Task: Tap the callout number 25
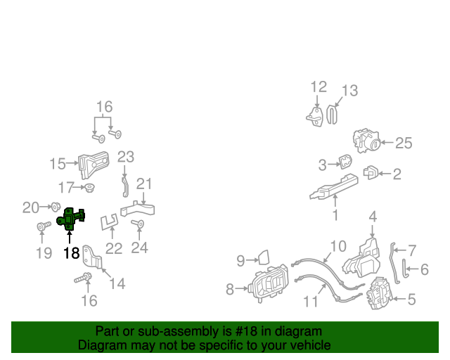pos(403,143)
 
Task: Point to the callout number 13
pos(349,91)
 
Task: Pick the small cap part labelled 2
pos(371,172)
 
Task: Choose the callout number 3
pos(322,166)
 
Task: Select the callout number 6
pos(425,269)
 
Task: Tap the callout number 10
pos(338,246)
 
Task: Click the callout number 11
pos(311,302)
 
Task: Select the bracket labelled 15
pos(93,164)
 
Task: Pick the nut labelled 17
pos(90,188)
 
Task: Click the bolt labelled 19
pos(41,226)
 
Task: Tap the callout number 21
pos(144,184)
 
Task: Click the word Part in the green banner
pos(106,331)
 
